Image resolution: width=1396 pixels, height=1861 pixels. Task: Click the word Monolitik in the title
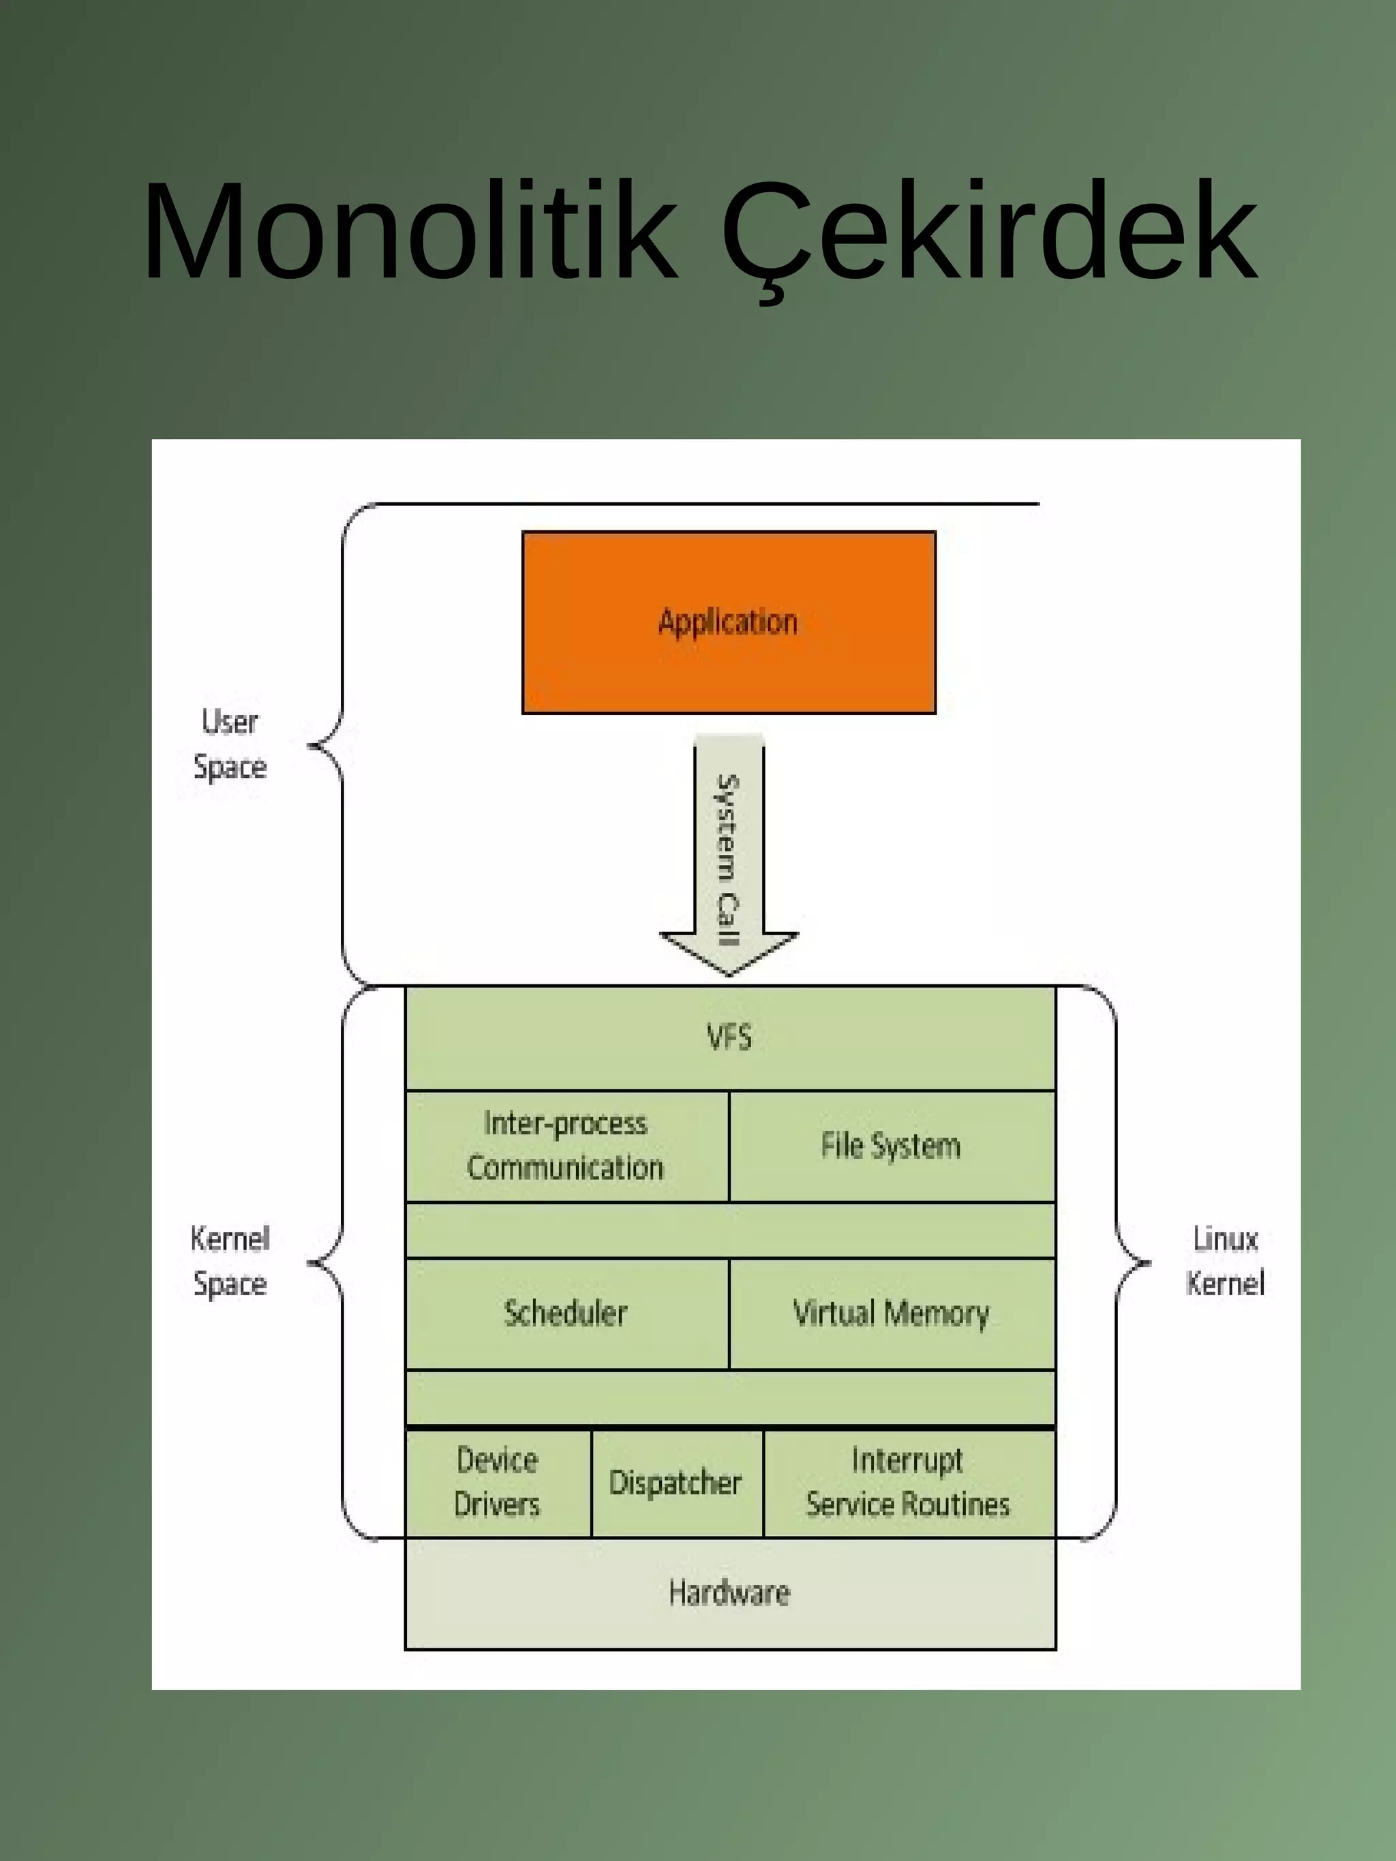[410, 230]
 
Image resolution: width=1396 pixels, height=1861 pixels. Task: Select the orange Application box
[729, 622]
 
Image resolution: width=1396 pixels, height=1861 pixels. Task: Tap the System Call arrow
[729, 858]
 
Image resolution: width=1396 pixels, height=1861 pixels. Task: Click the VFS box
[729, 1038]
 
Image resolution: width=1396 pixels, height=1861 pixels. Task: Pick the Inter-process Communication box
[566, 1146]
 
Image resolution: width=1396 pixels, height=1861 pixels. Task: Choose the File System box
[891, 1146]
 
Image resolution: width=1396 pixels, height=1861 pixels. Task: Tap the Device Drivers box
[498, 1483]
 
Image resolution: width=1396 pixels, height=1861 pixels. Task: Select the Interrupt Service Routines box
[908, 1483]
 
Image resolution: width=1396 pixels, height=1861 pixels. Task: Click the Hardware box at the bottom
[729, 1592]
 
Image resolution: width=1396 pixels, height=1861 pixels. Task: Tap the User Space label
[230, 744]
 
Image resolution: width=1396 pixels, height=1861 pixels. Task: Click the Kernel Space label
[230, 1261]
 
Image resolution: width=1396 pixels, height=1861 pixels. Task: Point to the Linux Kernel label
[1225, 1261]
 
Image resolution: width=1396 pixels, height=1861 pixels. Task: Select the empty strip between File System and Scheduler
[729, 1230]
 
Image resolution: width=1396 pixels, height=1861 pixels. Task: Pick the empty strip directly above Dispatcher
[729, 1397]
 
